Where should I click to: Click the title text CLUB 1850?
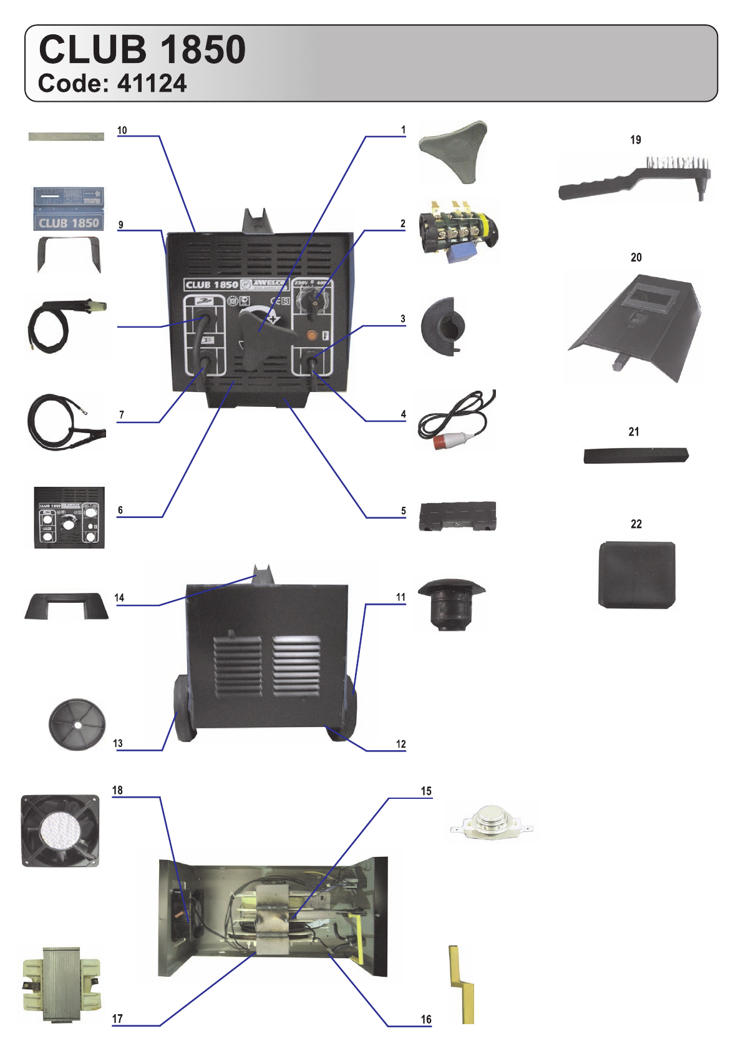(x=142, y=49)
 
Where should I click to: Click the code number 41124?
(x=152, y=84)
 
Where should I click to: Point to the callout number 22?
(x=636, y=524)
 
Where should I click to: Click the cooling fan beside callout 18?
(x=60, y=830)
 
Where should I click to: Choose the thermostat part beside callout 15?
(x=491, y=823)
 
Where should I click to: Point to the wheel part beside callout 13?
(x=77, y=724)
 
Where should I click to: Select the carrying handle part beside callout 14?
(x=66, y=605)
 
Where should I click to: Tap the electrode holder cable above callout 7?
(x=65, y=325)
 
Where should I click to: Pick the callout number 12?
(x=401, y=744)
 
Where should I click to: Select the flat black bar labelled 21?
(x=636, y=455)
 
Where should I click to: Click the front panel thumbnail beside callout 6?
(x=69, y=518)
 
